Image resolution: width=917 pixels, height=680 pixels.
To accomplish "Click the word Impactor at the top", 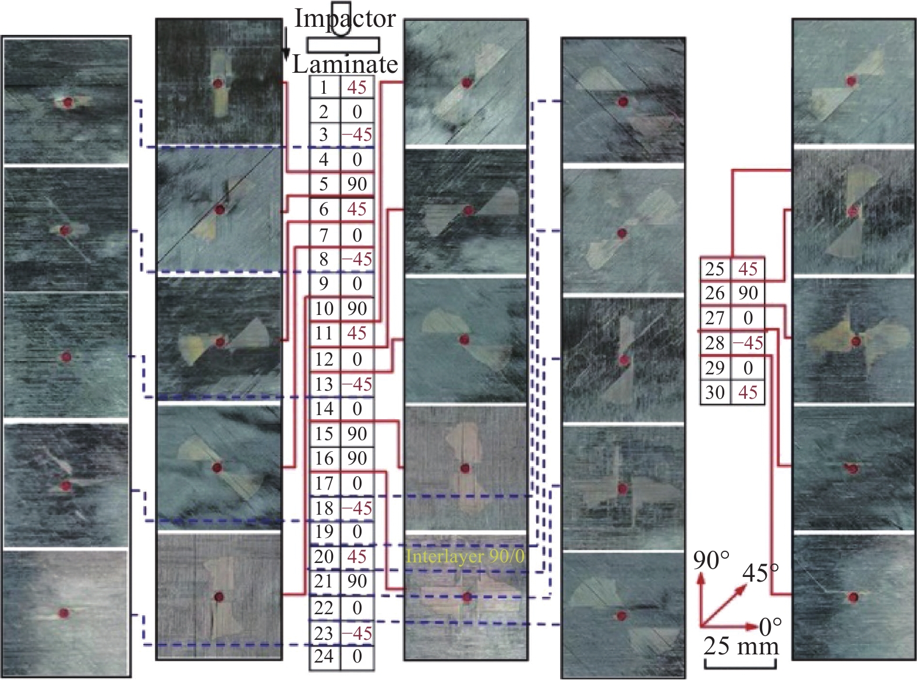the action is pos(345,19).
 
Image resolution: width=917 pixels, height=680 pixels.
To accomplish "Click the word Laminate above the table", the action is pos(345,65).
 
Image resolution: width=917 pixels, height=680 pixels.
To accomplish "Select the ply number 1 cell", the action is pos(325,87).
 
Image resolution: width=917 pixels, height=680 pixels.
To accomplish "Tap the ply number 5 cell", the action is pos(325,185).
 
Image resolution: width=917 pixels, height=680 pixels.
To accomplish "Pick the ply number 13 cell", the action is pos(325,384).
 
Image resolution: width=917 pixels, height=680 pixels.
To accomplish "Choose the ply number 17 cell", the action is pos(325,483).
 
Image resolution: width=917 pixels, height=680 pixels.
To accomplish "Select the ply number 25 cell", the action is pos(716,269).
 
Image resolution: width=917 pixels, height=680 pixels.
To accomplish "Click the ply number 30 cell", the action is pos(716,392).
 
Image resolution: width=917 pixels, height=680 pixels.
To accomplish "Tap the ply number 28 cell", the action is pos(716,343).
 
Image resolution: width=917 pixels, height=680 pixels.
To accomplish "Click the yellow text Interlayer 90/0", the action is pos(465,557).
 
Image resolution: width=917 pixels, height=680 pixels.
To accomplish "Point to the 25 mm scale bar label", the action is pos(741,646).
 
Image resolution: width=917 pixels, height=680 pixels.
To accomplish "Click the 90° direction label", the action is pos(711,561).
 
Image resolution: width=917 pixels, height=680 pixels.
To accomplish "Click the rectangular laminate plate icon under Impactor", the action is pos(343,45).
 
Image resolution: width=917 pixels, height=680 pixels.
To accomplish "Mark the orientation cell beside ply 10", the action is pos(357,309).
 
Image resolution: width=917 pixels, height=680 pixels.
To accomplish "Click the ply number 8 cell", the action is pos(325,260).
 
